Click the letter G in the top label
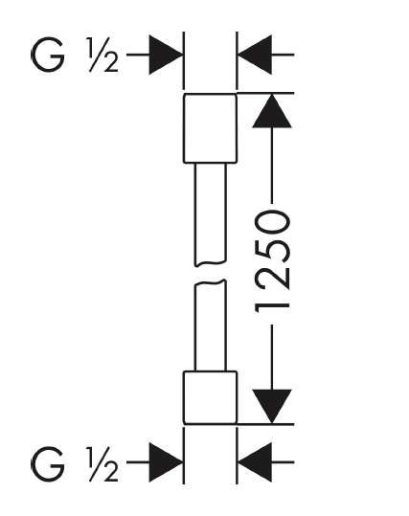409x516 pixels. pos(48,55)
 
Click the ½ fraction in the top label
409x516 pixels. pos(103,55)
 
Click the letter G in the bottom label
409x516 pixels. pos(48,463)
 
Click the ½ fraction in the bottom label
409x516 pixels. pos(103,464)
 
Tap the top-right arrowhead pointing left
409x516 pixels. pos(255,55)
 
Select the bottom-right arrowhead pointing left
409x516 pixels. pos(255,462)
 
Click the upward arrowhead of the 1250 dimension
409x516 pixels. pos(272,111)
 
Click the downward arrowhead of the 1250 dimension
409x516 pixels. pos(272,407)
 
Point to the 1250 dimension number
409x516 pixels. pos(272,262)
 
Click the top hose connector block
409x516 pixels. pos(210,128)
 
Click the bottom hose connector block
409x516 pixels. pos(210,397)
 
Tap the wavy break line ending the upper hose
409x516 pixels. pos(210,263)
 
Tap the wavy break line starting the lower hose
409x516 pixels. pos(210,282)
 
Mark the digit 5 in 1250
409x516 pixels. pos(272,252)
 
